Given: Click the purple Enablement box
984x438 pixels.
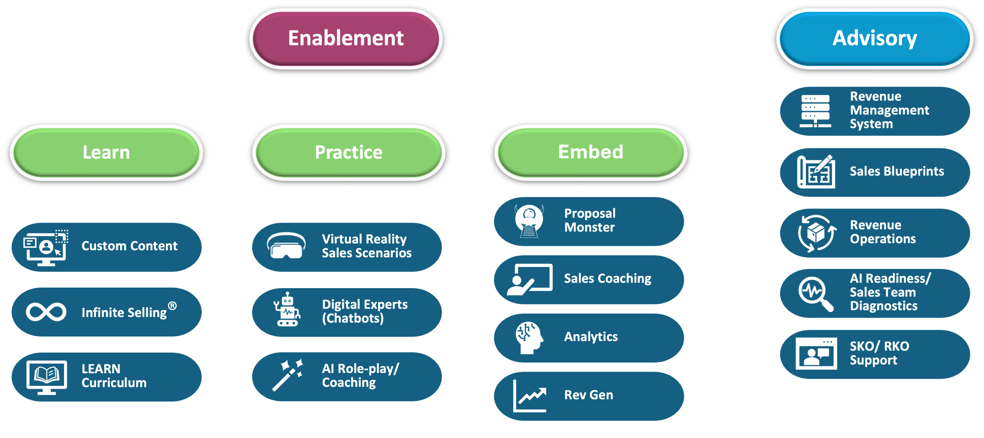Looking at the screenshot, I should click(345, 38).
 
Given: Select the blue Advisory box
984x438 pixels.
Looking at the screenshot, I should click(874, 38).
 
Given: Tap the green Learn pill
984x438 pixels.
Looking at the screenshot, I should click(106, 152).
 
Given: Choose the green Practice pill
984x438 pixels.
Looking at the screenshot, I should click(348, 152).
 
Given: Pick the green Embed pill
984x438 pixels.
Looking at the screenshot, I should click(590, 152).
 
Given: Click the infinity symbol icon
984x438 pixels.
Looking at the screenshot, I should click(46, 312).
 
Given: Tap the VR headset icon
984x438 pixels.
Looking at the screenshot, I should click(286, 246).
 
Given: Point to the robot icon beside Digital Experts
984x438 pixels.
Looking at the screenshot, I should click(287, 310).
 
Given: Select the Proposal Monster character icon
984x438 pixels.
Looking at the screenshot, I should click(529, 221).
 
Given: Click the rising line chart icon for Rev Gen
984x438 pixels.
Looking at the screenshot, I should click(530, 396).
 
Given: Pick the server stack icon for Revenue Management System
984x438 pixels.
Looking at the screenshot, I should click(815, 111).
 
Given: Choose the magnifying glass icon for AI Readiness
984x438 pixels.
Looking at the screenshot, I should click(815, 293).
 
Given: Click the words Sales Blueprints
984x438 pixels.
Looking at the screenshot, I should click(896, 172).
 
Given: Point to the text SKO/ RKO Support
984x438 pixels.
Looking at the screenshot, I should click(879, 353).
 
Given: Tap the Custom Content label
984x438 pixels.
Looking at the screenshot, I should click(129, 246).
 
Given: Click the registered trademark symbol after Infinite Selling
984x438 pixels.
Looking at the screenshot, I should click(172, 306).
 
